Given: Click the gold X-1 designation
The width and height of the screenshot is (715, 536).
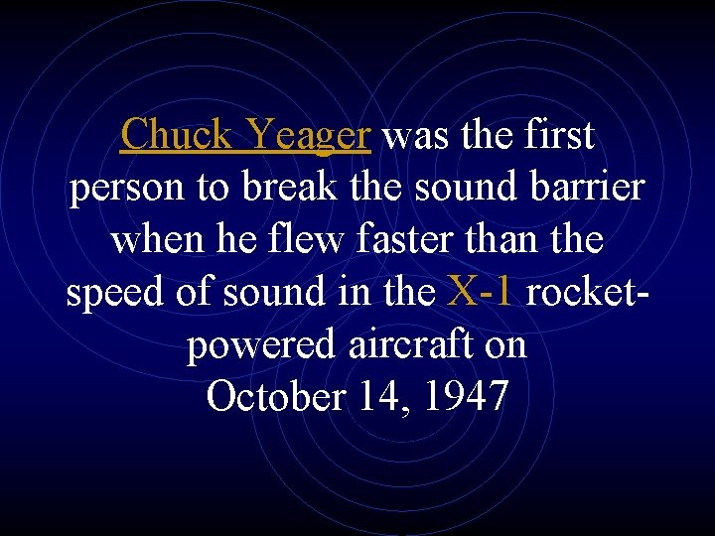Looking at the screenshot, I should (x=482, y=292).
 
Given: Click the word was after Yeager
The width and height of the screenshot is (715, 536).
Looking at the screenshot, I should (x=411, y=135).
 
